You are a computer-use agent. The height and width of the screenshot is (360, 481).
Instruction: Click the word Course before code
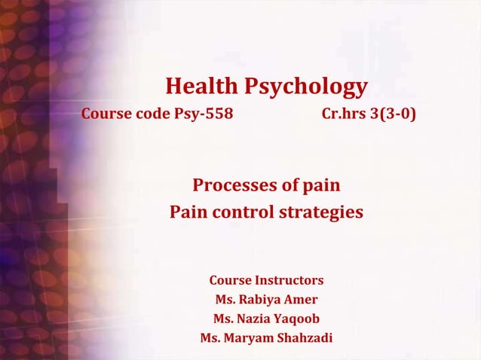tap(106, 115)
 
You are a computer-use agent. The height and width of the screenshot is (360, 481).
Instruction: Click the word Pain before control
tap(188, 212)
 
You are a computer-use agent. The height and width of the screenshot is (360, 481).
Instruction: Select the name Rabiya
tap(264, 299)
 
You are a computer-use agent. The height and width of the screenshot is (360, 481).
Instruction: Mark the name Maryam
tap(251, 337)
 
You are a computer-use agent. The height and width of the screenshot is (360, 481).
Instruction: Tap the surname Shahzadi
tap(305, 337)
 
